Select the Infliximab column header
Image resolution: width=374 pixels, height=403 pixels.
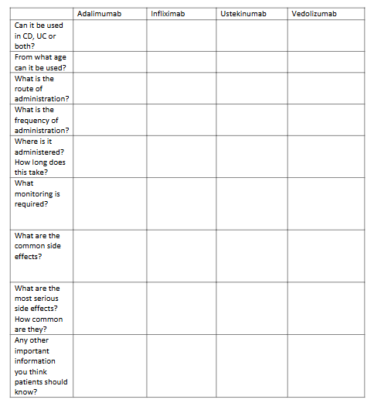pos(168,14)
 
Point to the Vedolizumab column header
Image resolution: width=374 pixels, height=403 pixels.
pos(314,14)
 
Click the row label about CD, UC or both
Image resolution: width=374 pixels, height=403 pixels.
pos(39,36)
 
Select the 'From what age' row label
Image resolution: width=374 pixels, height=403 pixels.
pos(40,63)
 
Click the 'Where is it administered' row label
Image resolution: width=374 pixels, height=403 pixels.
pos(40,157)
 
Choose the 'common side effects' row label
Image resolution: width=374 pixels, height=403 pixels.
pos(37,246)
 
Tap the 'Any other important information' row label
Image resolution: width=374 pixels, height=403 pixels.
pos(40,366)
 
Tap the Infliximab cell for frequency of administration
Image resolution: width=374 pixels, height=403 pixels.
pos(182,120)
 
